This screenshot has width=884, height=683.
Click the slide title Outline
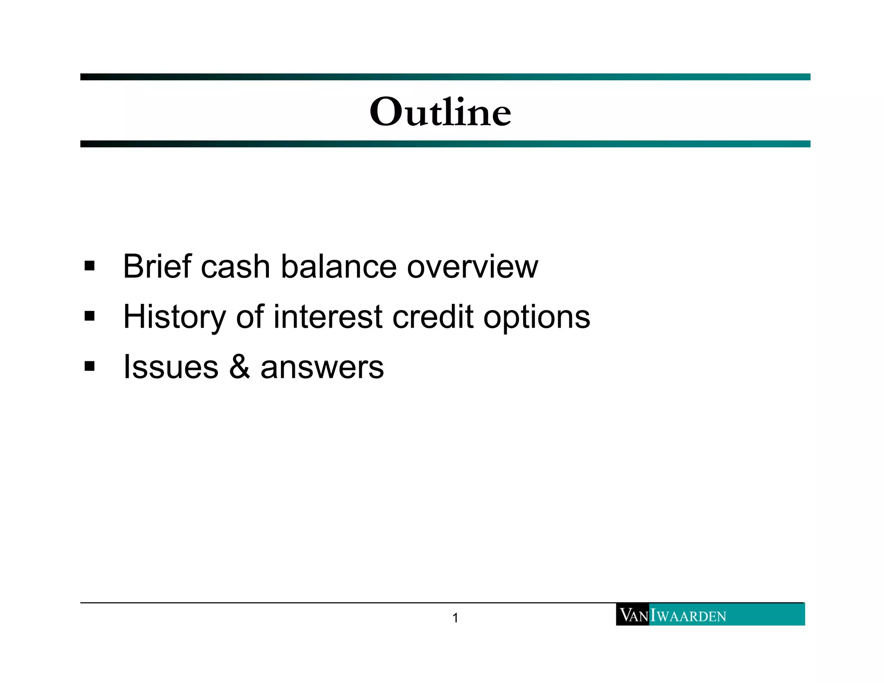(440, 112)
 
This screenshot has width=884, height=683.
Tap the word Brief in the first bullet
(157, 266)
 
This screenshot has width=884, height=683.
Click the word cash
(235, 266)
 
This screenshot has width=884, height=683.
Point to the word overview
(472, 266)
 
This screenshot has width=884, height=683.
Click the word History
(174, 317)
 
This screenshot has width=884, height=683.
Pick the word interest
(328, 317)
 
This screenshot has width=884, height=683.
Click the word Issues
(170, 367)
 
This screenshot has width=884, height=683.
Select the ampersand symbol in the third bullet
(240, 367)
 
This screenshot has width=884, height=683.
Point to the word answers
(322, 368)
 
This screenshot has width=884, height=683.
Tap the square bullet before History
(89, 316)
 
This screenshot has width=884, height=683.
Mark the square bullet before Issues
(89, 367)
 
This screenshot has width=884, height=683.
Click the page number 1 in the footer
(455, 618)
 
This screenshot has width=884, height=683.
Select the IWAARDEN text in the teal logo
(689, 615)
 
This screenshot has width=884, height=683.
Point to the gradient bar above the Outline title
(445, 77)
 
